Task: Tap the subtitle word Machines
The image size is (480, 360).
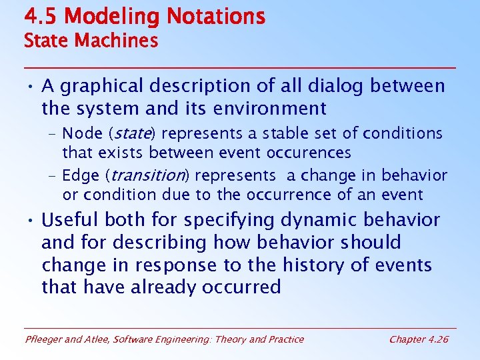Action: pyautogui.click(x=116, y=41)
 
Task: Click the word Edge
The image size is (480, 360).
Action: pyautogui.click(x=79, y=176)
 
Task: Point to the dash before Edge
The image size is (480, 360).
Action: pyautogui.click(x=52, y=176)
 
